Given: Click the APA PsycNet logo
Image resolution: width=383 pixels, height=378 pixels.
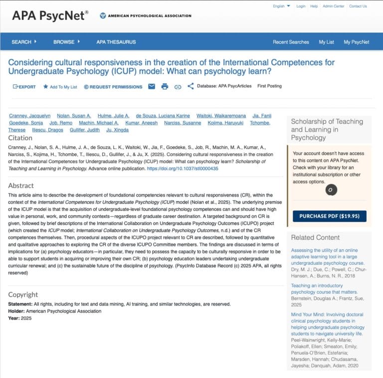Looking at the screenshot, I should tap(50, 16).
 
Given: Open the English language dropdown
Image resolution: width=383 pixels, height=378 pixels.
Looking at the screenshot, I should tap(281, 6).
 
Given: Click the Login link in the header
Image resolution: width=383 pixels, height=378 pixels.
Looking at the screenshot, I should tap(301, 6).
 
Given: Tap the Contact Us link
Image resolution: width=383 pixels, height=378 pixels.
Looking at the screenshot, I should tap(358, 6).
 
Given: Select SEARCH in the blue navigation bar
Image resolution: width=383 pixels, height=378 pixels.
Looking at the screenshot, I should tap(24, 42).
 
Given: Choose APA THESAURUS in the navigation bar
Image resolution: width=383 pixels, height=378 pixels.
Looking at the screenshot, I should tap(116, 42).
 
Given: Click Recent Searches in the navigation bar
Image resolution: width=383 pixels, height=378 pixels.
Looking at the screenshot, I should tap(291, 42).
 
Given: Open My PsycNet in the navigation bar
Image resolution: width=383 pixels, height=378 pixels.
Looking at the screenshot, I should tap(356, 42).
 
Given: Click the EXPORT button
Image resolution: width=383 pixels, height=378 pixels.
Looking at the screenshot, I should tap(24, 86).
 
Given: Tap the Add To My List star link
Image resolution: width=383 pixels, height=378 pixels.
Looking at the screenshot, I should tap(60, 87).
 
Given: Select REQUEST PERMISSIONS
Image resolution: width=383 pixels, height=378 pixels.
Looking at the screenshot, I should tap(113, 87).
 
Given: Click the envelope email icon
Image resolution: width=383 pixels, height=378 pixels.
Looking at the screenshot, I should tap(152, 86).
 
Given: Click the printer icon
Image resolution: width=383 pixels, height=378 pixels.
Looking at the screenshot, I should tap(165, 86).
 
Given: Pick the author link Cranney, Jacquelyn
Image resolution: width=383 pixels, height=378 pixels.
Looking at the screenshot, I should tap(29, 116).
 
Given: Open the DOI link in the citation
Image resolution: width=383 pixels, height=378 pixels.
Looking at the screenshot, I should tap(182, 169).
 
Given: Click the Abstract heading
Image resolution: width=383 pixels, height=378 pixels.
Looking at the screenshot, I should tap(21, 186).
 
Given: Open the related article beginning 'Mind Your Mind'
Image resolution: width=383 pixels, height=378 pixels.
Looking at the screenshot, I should tap(327, 315).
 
